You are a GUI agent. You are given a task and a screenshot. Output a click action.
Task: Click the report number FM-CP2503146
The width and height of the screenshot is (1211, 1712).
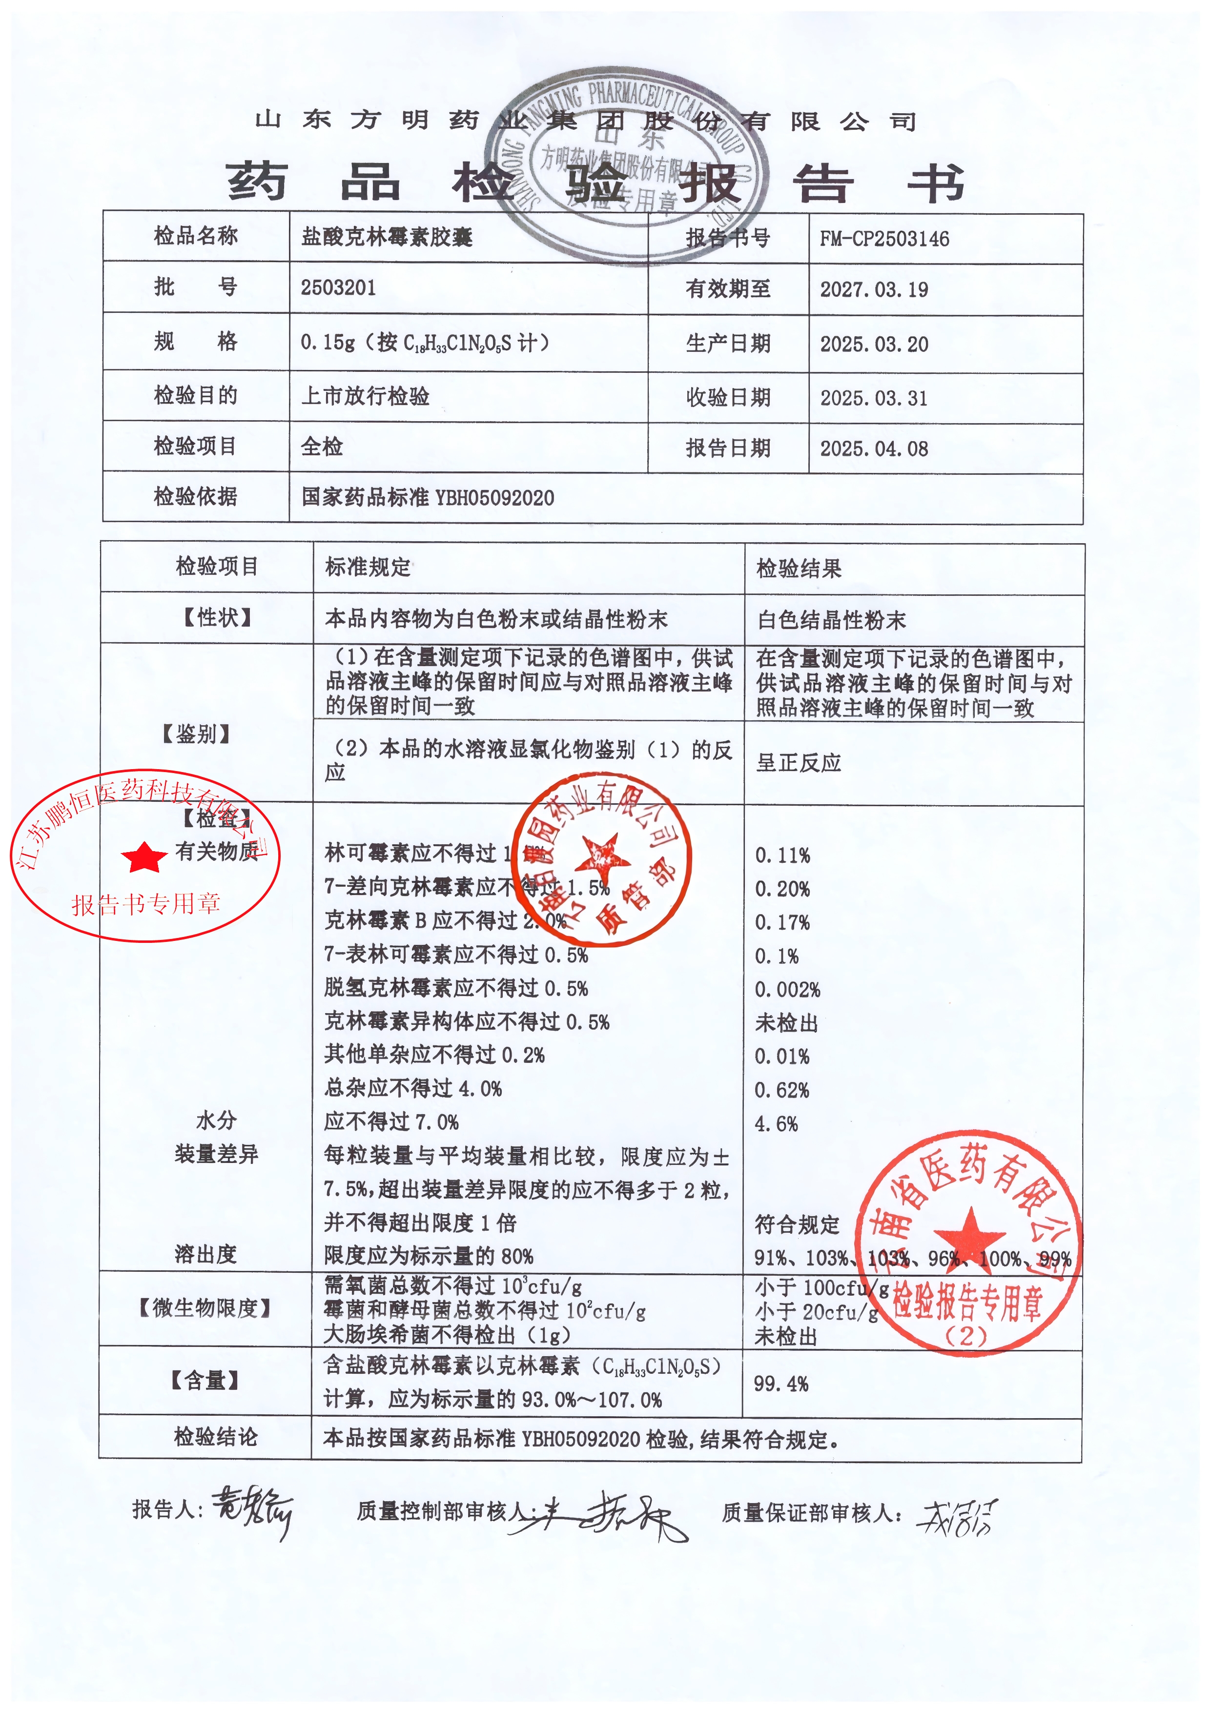884,239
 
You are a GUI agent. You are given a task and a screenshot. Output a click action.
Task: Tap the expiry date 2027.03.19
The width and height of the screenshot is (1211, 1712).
874,289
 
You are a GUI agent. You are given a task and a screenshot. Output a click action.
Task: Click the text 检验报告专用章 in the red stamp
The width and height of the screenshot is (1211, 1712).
967,1303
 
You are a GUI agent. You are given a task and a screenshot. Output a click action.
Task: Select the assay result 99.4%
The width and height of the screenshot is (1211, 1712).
781,1384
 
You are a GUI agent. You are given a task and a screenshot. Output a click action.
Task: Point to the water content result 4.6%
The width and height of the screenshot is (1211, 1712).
776,1124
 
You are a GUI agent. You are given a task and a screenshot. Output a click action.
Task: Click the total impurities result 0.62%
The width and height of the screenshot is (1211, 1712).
781,1090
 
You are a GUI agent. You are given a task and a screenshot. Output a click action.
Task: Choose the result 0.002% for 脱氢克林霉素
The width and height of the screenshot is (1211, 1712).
787,989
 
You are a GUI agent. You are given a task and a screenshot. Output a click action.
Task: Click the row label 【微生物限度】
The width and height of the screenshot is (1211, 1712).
205,1308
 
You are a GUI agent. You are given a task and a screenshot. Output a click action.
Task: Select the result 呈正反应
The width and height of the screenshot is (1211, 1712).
799,763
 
